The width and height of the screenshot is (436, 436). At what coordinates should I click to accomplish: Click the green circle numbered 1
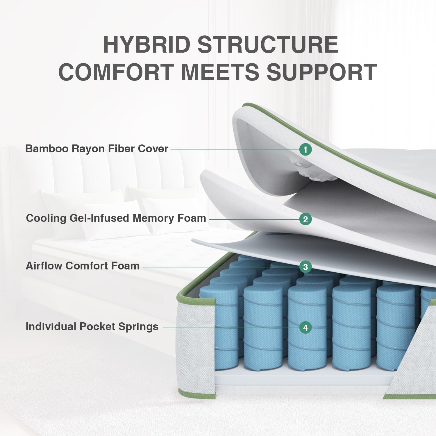pyautogui.click(x=305, y=150)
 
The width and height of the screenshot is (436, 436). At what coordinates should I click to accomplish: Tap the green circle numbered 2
pyautogui.click(x=305, y=219)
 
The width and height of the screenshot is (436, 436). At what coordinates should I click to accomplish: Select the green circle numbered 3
pyautogui.click(x=305, y=267)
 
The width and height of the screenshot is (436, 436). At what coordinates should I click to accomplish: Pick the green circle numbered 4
pyautogui.click(x=305, y=328)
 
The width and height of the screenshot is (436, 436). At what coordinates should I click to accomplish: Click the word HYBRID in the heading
pyautogui.click(x=146, y=45)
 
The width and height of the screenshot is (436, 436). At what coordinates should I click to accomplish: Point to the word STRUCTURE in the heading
pyautogui.click(x=268, y=45)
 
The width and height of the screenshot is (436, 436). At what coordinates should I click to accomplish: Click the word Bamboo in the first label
pyautogui.click(x=47, y=149)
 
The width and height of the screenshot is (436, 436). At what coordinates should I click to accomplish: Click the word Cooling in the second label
pyautogui.click(x=46, y=218)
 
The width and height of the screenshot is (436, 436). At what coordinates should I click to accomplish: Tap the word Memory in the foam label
pyautogui.click(x=153, y=218)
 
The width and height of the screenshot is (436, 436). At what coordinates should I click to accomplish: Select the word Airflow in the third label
pyautogui.click(x=44, y=266)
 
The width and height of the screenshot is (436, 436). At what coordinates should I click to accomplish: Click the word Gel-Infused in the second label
pyautogui.click(x=100, y=218)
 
